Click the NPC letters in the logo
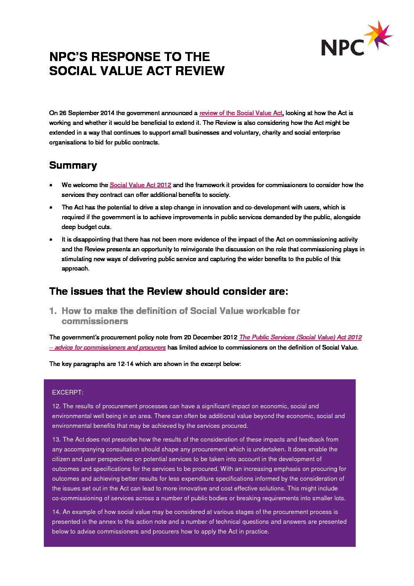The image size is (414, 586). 342,47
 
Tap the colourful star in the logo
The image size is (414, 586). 378,35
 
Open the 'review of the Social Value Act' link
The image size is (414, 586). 241,113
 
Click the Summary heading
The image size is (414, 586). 73,165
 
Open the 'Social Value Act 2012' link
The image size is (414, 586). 140,185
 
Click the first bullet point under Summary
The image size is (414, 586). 51,185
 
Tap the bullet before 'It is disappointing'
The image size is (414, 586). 51,240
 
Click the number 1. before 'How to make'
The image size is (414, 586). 53,311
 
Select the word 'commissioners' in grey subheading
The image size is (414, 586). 95,321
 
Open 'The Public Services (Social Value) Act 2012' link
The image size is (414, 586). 300,337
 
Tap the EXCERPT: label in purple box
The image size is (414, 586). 68,392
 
